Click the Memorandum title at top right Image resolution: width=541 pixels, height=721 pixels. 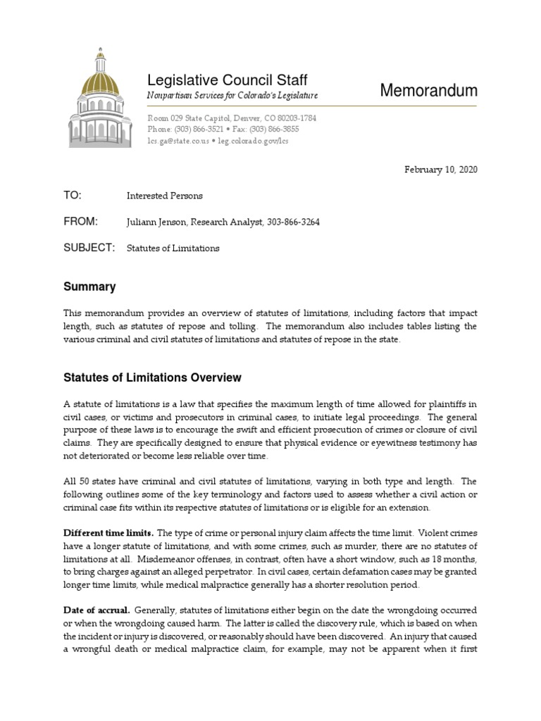(428, 90)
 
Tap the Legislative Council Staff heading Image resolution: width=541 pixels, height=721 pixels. (227, 80)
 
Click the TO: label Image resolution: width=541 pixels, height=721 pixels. (73, 195)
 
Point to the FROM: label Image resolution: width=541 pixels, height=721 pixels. (80, 222)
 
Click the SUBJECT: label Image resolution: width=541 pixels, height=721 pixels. (89, 248)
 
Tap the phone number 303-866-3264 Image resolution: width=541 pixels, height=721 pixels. (295, 222)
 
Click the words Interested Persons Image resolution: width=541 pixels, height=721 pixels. (165, 196)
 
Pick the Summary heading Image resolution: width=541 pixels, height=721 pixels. (89, 287)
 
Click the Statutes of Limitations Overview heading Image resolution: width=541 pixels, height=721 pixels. (152, 377)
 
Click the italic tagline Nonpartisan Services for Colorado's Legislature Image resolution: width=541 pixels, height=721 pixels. (232, 95)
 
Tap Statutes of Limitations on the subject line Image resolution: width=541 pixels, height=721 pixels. (173, 249)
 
